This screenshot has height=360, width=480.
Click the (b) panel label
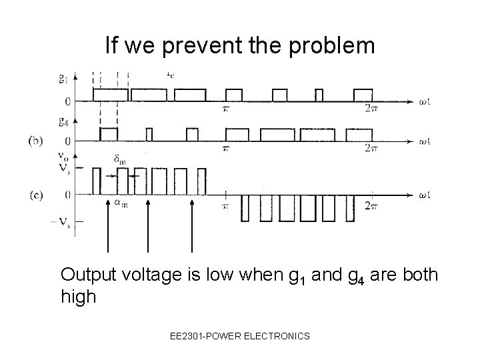pos(38,141)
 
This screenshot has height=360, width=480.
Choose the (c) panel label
pos(38,195)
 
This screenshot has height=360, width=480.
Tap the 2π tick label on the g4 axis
pos(372,151)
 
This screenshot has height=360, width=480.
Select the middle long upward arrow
pos(148,227)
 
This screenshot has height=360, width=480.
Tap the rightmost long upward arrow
pos(192,227)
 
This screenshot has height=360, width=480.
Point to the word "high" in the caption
pos(78,297)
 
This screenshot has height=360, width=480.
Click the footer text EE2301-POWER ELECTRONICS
pos(239,337)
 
